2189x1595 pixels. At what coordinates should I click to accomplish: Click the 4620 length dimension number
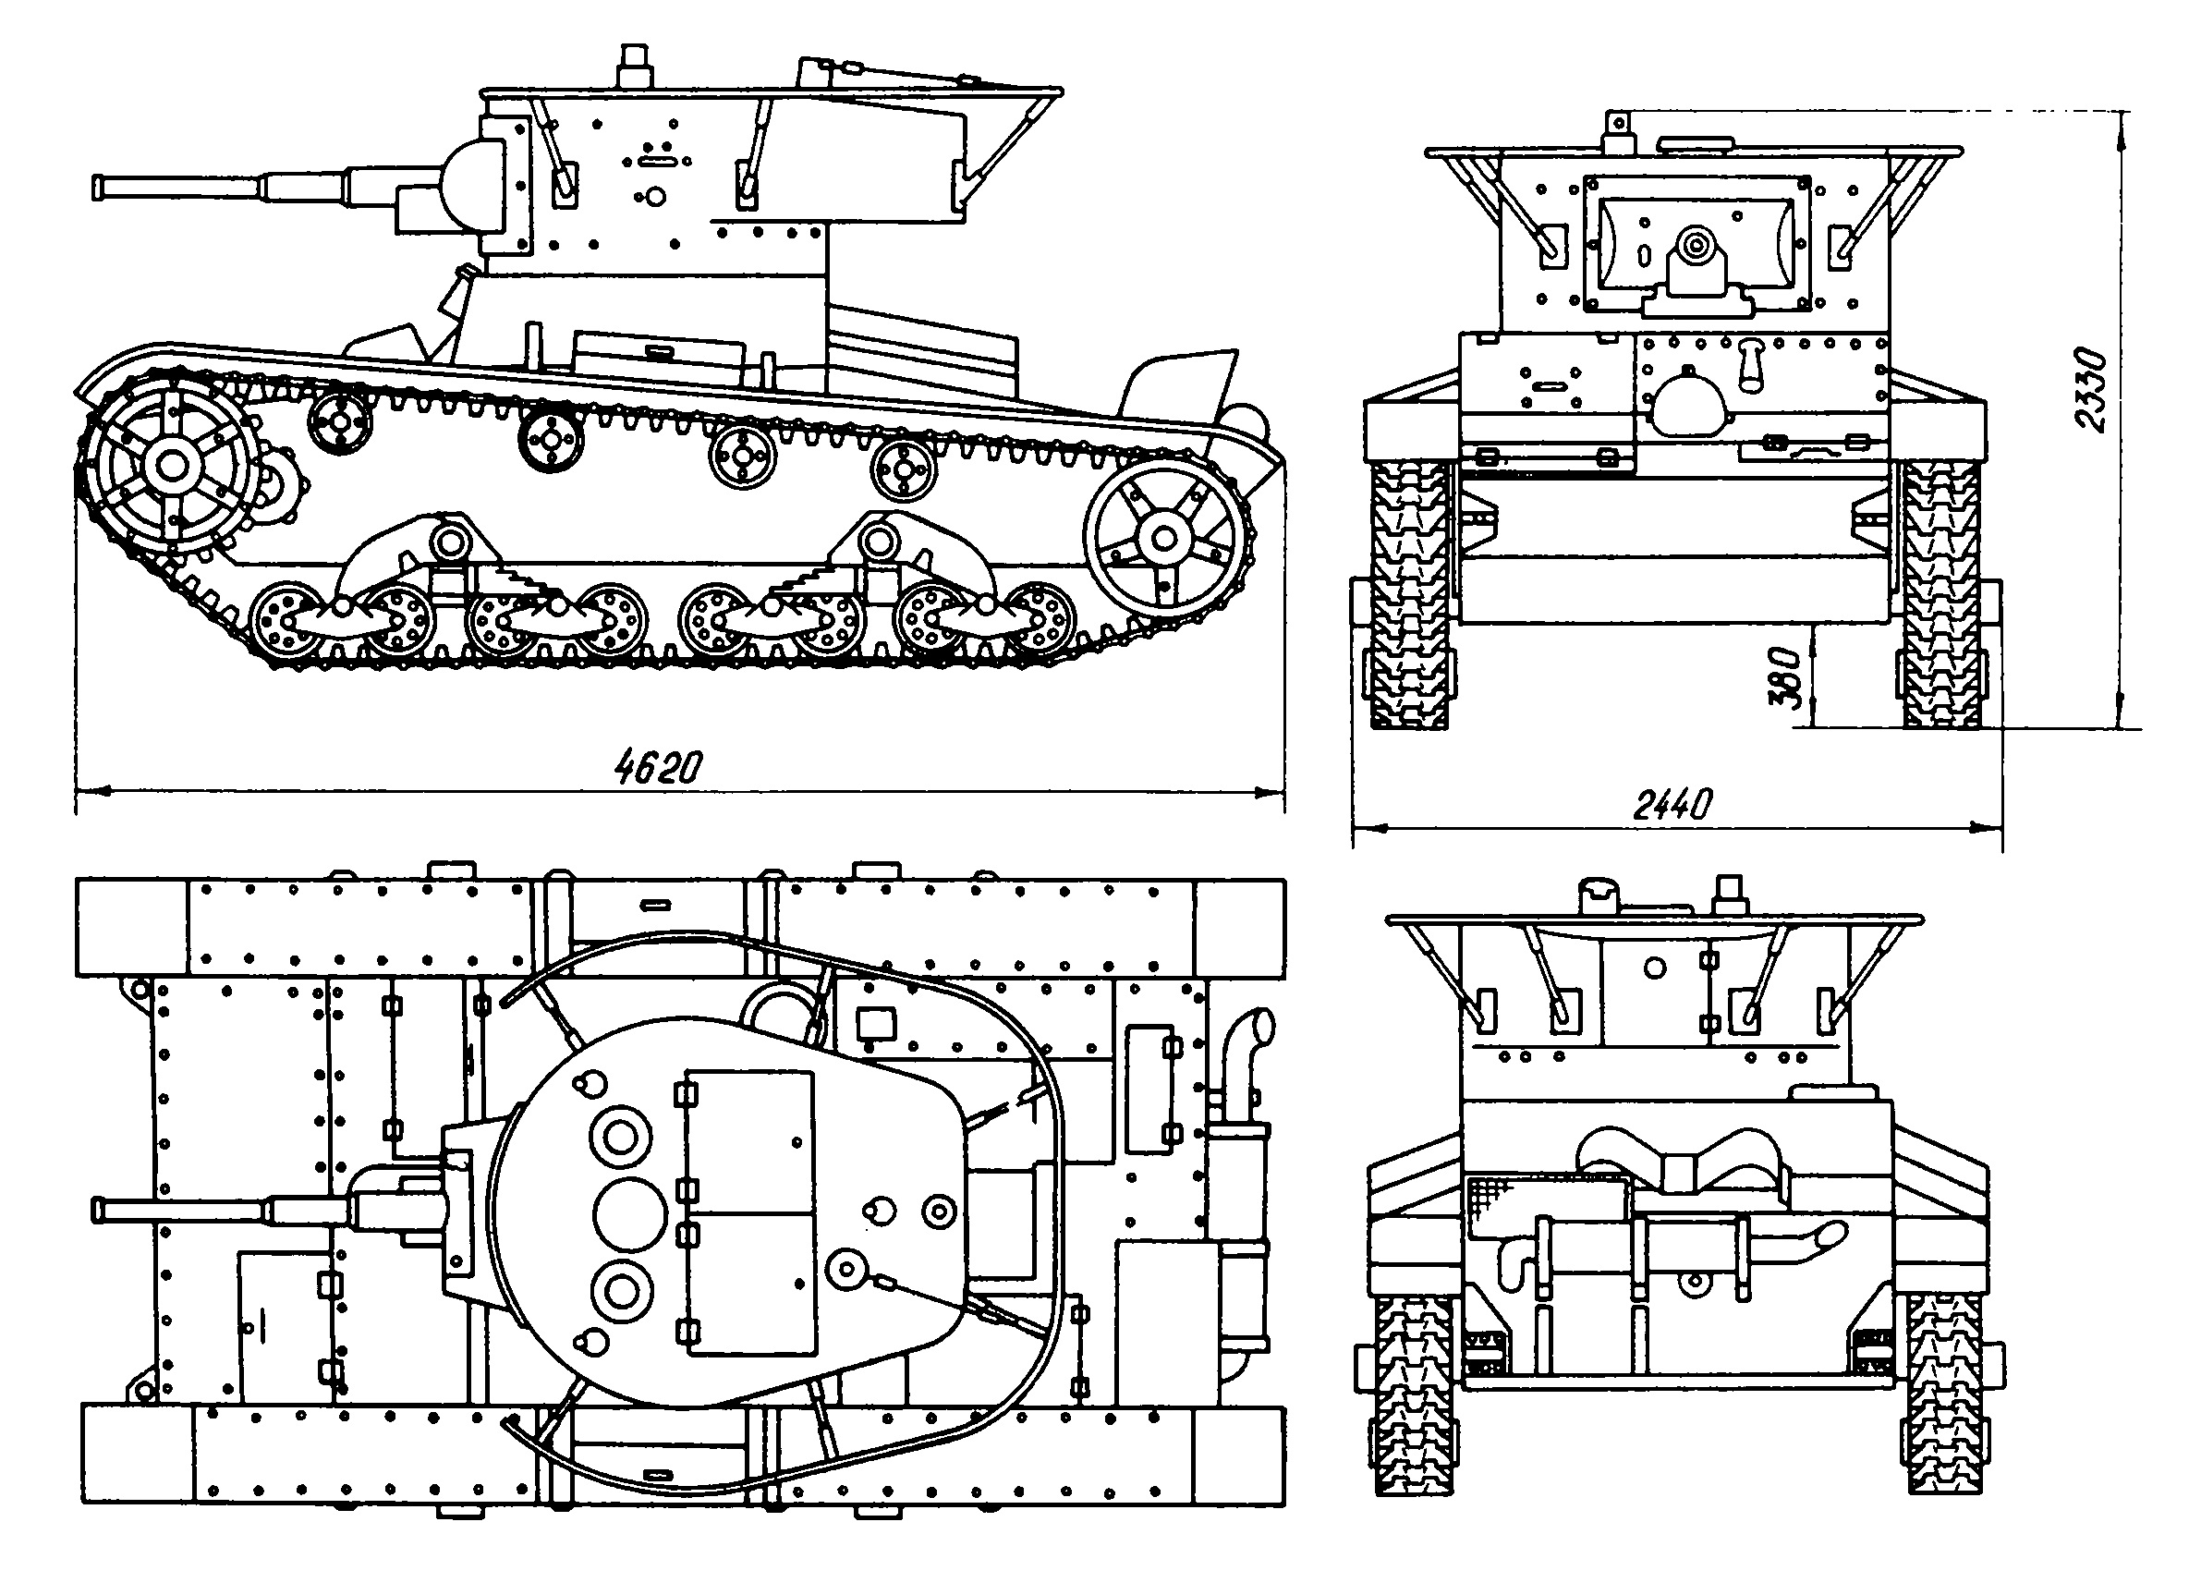click(x=659, y=767)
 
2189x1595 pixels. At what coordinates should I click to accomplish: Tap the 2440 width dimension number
click(x=1672, y=803)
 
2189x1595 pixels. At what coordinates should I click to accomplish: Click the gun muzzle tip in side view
click(x=97, y=188)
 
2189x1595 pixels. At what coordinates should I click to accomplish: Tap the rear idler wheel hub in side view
click(x=1165, y=539)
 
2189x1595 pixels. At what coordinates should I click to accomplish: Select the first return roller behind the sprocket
click(x=340, y=422)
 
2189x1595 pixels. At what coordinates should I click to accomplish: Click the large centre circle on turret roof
click(x=629, y=1214)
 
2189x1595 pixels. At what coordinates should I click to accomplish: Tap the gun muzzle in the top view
click(x=97, y=1210)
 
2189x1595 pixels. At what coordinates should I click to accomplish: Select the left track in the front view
click(x=1409, y=594)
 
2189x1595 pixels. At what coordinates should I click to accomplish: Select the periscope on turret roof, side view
click(x=634, y=66)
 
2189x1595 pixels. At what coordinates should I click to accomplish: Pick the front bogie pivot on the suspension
click(x=447, y=541)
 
